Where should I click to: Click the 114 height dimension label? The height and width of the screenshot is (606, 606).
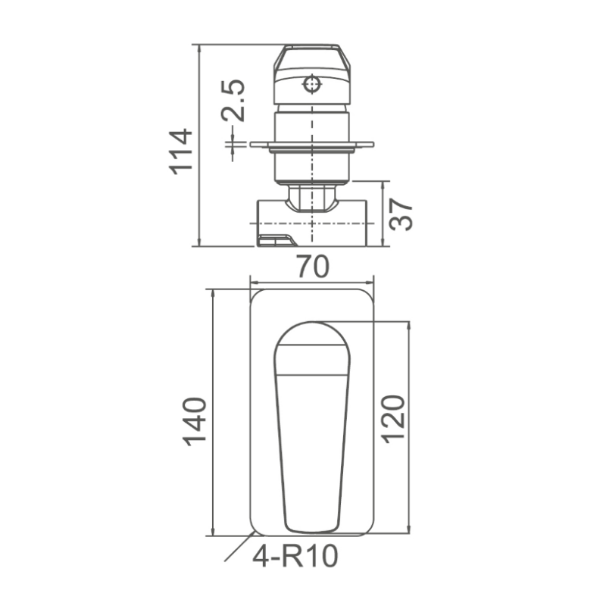(x=181, y=151)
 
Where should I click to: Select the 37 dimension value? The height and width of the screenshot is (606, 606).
(x=401, y=214)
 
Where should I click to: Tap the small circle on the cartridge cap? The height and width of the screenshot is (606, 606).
(x=311, y=83)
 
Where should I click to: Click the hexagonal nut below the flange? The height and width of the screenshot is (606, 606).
(x=311, y=199)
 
